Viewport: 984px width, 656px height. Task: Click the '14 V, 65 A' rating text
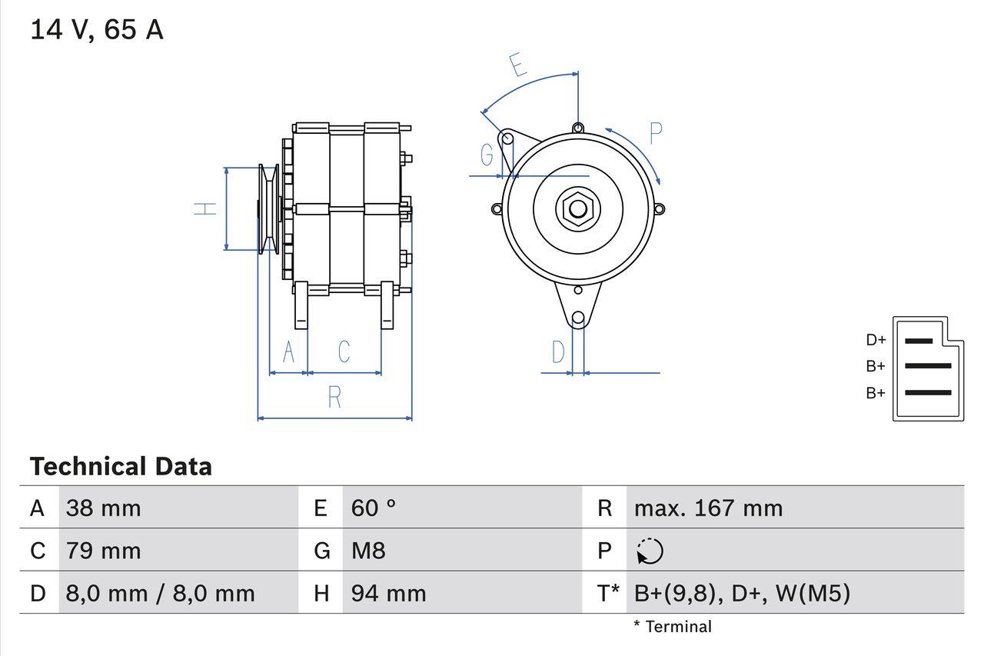[97, 30]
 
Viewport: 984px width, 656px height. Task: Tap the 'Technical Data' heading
[121, 467]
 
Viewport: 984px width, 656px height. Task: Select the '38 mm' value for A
[104, 508]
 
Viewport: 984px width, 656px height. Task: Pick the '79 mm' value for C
[104, 551]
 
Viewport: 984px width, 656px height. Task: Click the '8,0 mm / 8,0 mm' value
[160, 593]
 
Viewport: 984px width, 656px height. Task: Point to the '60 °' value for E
[374, 508]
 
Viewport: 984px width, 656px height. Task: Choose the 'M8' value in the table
[368, 551]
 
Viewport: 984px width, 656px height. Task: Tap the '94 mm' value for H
[388, 593]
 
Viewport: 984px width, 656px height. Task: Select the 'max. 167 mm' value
[708, 508]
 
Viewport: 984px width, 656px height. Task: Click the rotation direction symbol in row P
[650, 551]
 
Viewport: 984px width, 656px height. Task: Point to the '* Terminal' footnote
[673, 627]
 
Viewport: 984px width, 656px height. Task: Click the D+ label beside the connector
[876, 340]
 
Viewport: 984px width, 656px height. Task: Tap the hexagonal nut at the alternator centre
[577, 208]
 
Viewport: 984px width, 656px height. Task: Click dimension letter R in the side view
[334, 397]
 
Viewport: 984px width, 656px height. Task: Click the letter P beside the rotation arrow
[655, 134]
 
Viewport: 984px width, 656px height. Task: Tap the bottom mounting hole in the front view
[578, 318]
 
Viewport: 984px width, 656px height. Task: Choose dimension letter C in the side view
[344, 351]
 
